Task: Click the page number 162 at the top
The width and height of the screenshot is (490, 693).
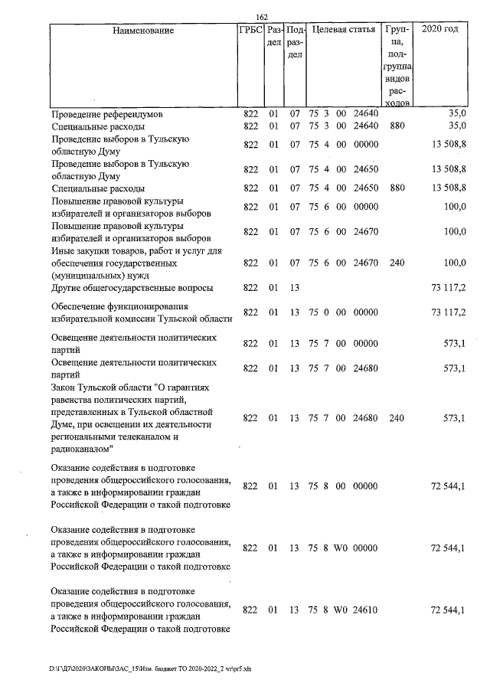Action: pos(261,18)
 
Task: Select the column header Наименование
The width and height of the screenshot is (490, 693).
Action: pos(143,31)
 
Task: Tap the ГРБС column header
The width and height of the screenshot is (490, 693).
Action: pos(250,31)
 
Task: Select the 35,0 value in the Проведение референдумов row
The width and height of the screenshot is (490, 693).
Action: pos(457,114)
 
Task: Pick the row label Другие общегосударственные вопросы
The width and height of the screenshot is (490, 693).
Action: pos(132,288)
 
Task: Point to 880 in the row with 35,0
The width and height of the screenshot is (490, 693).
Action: pos(397,126)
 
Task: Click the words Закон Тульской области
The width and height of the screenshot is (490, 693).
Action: pos(102,388)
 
